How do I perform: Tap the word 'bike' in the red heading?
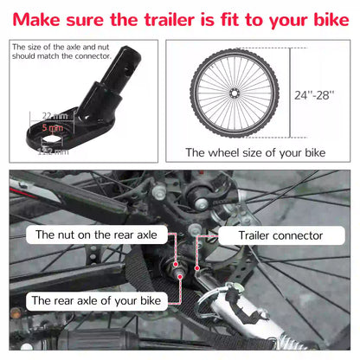324,16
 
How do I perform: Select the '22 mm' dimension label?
48,115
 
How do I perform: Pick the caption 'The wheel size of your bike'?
256,152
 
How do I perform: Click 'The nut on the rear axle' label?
94,235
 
